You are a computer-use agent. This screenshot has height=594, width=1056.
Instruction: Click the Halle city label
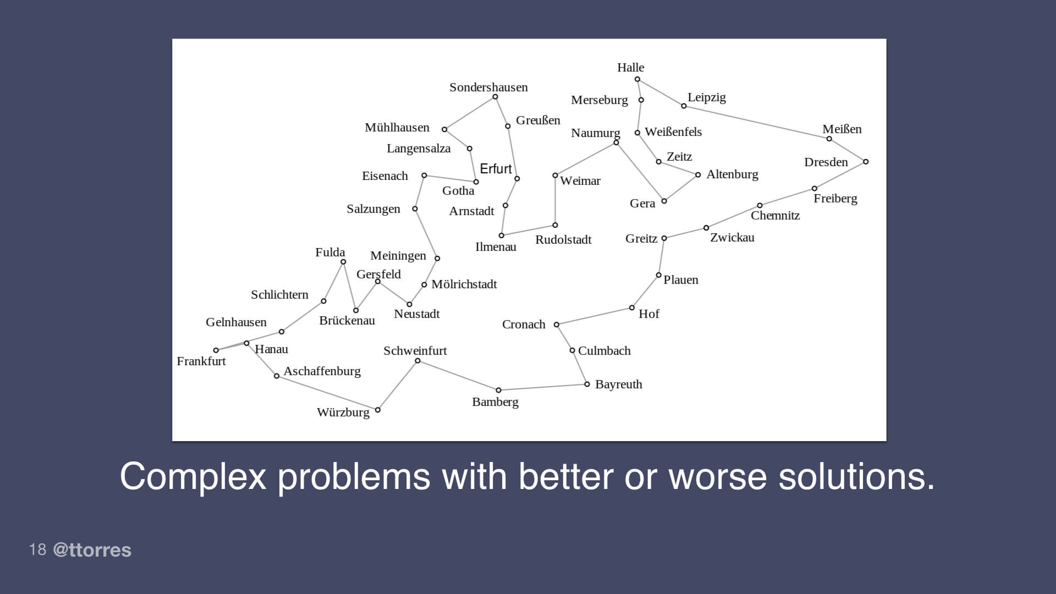pyautogui.click(x=630, y=68)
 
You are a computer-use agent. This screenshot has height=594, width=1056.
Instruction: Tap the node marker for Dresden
pyautogui.click(x=866, y=162)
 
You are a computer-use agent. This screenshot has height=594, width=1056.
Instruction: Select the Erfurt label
pyautogui.click(x=496, y=169)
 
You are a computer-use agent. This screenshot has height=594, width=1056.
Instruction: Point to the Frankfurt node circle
pyautogui.click(x=216, y=350)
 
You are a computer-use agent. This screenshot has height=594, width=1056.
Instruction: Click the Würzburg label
pyautogui.click(x=343, y=413)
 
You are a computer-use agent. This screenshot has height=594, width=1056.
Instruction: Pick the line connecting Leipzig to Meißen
pyautogui.click(x=756, y=122)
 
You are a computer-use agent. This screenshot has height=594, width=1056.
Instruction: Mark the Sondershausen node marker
pyautogui.click(x=495, y=97)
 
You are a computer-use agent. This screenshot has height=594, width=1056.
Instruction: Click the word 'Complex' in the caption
pyautogui.click(x=193, y=476)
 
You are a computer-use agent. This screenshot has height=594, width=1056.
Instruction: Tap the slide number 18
pyautogui.click(x=37, y=549)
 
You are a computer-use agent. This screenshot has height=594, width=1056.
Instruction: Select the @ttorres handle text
pyautogui.click(x=92, y=550)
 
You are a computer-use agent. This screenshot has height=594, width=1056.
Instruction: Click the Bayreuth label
pyautogui.click(x=618, y=384)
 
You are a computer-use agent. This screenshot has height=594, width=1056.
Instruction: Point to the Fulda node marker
pyautogui.click(x=343, y=262)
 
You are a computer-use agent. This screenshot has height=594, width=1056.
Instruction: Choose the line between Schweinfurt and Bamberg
pyautogui.click(x=458, y=376)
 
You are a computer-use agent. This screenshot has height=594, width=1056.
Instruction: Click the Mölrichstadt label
pyautogui.click(x=464, y=284)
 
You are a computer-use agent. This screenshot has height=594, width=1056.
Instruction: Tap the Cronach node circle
pyautogui.click(x=557, y=325)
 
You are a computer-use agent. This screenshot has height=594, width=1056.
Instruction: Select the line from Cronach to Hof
pyautogui.click(x=594, y=316)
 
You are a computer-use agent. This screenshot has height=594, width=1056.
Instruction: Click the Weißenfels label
pyautogui.click(x=673, y=132)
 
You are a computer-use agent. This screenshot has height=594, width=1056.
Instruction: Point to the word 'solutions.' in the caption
pyautogui.click(x=856, y=476)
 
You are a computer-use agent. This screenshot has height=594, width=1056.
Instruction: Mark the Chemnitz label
pyautogui.click(x=775, y=216)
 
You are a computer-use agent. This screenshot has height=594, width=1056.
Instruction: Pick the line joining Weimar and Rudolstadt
pyautogui.click(x=555, y=200)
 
